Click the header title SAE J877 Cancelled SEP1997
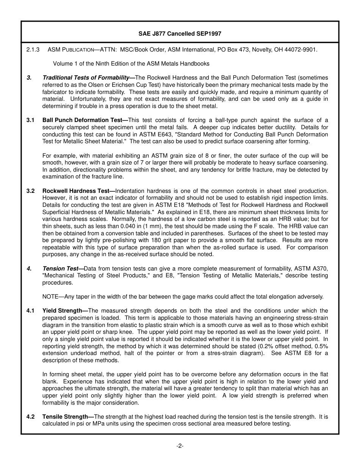[x=180, y=34]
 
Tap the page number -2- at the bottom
[x=180, y=446]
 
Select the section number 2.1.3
[x=33, y=50]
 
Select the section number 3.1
[x=30, y=120]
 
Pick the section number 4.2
[x=30, y=417]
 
